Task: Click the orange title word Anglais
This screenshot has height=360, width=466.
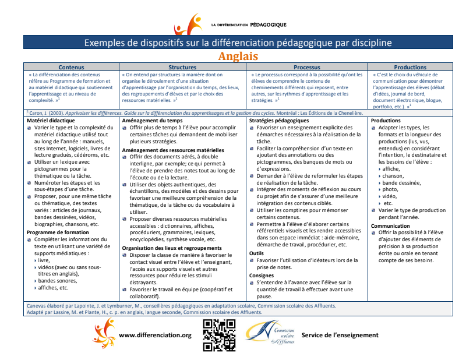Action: [238, 56]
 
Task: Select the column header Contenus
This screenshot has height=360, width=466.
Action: [71, 68]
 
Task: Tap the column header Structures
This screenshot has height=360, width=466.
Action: [182, 68]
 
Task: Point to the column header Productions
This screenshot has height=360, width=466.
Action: [410, 68]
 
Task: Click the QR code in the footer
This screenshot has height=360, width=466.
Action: [219, 336]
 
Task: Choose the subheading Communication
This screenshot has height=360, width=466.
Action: [390, 225]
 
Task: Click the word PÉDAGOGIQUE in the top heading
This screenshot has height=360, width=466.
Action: [268, 26]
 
